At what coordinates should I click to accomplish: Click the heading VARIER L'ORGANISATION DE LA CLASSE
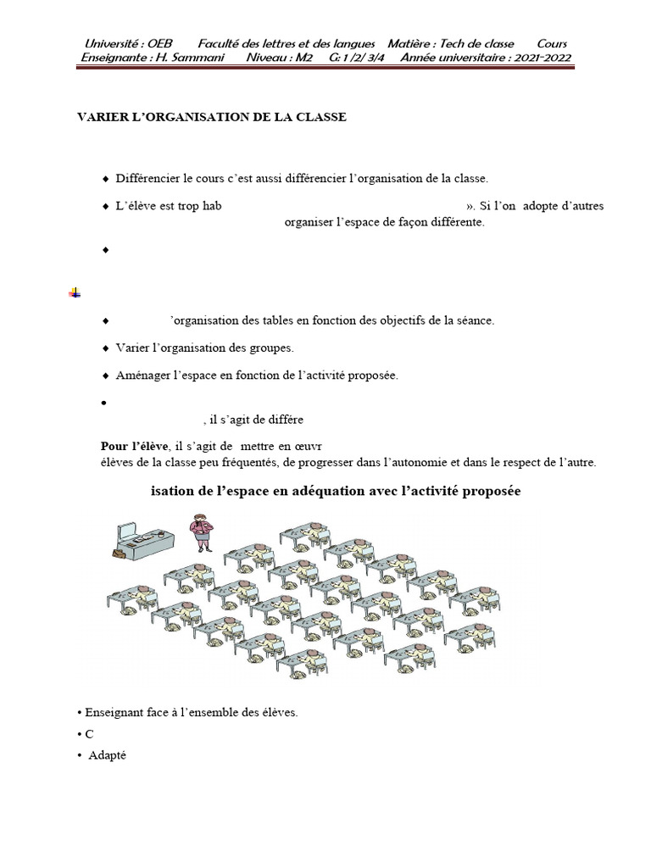point(212,117)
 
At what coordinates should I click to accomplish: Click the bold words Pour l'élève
point(135,446)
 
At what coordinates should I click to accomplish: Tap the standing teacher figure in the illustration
point(200,531)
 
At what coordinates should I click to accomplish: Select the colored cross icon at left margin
point(75,292)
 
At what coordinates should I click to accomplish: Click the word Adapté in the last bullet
point(107,755)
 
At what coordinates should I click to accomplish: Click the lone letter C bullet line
point(88,734)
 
